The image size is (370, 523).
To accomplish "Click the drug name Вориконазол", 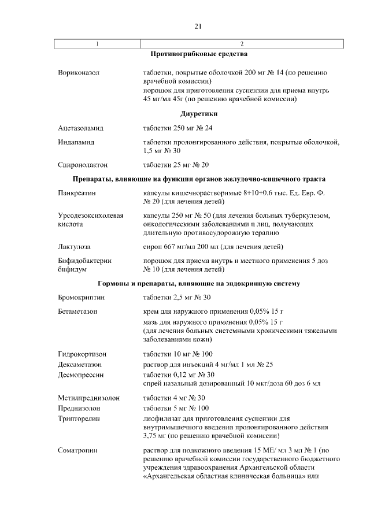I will click(79, 73).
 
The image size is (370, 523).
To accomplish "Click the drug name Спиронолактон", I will click(83, 165).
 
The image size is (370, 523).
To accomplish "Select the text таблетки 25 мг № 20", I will click(176, 165).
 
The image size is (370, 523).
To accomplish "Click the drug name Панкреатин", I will click(78, 193).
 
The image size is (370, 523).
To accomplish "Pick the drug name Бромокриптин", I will click(82, 298).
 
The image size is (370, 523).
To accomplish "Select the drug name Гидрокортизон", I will click(82, 354).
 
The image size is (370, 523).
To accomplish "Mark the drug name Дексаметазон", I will click(81, 364).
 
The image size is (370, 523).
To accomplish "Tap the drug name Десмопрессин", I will click(80, 374).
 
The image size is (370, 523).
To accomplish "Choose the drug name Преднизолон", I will click(80, 409).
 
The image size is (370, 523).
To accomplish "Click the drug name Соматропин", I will click(78, 450).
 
